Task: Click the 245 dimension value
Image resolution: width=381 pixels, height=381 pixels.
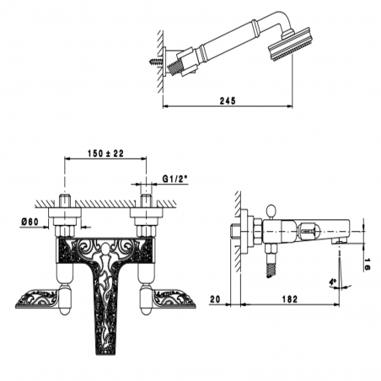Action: pos(228,100)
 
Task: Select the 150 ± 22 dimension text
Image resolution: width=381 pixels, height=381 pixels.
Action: pos(105,153)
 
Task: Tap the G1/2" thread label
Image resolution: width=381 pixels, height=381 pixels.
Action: pos(175,179)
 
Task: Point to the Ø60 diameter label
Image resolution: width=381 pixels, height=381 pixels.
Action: pos(30,222)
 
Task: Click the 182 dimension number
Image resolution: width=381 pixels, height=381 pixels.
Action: pos(290,299)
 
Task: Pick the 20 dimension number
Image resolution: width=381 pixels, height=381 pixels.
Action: pos(215,299)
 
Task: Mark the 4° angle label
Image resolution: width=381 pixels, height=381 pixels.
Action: pos(333,282)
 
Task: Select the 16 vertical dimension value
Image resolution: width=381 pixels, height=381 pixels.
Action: pos(367,265)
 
